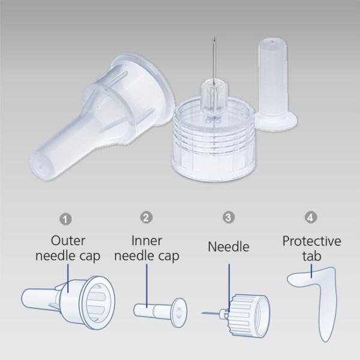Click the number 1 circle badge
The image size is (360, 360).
coord(65,219)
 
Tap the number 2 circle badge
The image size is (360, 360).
coord(146,217)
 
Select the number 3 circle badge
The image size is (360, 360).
coord(229,217)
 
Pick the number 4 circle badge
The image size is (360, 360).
coord(311,217)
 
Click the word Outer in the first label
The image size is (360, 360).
coord(68,241)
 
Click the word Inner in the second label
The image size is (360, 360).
coord(147,241)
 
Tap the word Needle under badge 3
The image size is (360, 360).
coord(229,247)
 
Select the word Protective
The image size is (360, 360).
coord(311,241)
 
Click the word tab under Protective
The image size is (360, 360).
coord(311,256)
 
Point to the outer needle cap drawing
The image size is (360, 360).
coord(68,302)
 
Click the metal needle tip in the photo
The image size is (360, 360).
coord(214,40)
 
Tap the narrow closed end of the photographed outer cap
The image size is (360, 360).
coord(39,166)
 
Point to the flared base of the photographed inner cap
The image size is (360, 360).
coord(276,121)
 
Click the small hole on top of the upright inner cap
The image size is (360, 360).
coord(272,42)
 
